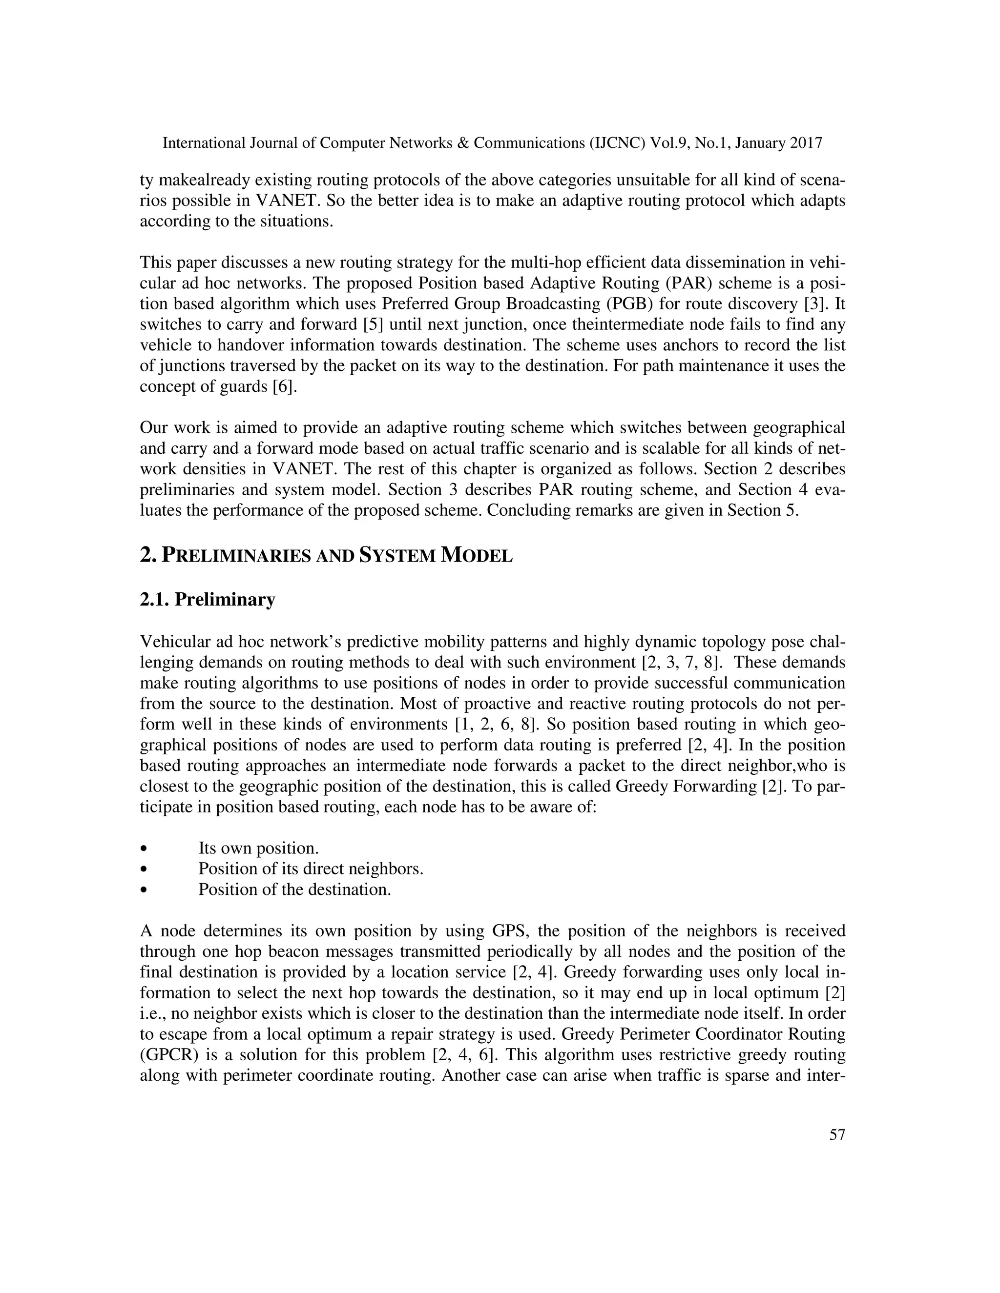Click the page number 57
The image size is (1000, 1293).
point(837,1152)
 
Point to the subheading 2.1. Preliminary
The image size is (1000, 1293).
point(208,600)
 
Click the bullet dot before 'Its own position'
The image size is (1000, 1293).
point(144,849)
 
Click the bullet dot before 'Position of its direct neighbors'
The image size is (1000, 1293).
point(144,869)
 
